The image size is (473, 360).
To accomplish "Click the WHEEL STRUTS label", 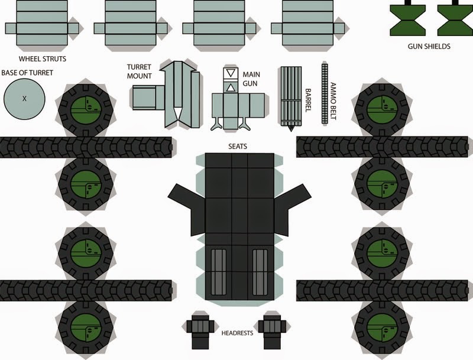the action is [x=42, y=59].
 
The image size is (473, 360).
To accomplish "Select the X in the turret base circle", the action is [x=24, y=99].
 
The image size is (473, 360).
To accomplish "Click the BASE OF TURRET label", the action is [x=27, y=73].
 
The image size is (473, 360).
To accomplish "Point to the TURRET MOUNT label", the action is [x=140, y=72].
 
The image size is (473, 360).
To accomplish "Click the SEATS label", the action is [x=235, y=145].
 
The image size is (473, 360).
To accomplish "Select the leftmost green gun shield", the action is [x=406, y=19].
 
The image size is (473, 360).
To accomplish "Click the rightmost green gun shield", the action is [x=453, y=19].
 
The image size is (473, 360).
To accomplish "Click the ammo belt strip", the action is [x=324, y=93].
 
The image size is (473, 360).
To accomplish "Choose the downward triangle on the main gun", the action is [x=231, y=74].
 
